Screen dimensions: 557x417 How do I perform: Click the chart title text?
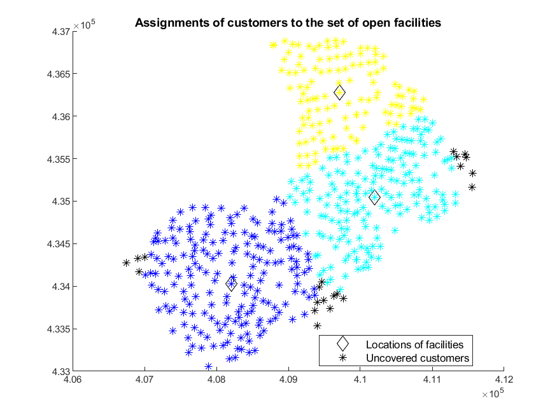[x=288, y=23]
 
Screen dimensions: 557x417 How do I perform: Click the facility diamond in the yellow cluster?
[x=339, y=93]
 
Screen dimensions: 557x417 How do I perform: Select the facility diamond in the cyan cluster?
[x=374, y=198]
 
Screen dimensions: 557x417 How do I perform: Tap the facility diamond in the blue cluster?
[x=231, y=284]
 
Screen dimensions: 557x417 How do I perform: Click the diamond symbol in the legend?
[x=343, y=344]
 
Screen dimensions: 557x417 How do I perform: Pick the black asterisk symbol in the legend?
[x=343, y=358]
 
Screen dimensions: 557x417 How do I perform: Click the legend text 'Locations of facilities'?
[x=414, y=345]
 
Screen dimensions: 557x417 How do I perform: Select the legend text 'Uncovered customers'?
[x=418, y=358]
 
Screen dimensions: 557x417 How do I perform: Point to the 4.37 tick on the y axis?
[x=61, y=32]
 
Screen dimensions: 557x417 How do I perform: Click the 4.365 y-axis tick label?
[x=59, y=74]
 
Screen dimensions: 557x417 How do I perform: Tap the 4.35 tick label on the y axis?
[x=61, y=202]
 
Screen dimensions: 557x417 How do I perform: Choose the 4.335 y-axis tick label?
[x=59, y=329]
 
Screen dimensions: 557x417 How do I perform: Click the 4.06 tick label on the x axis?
[x=73, y=379]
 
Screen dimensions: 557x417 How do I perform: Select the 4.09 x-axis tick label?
[x=288, y=379]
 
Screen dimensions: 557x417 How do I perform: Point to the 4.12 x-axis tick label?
[x=504, y=379]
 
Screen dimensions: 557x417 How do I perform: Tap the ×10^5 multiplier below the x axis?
[x=493, y=393]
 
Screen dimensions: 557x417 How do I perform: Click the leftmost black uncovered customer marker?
[x=126, y=263]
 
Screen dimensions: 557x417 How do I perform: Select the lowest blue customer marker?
[x=209, y=366]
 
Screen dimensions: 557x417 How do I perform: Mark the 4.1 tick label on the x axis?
[x=360, y=379]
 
